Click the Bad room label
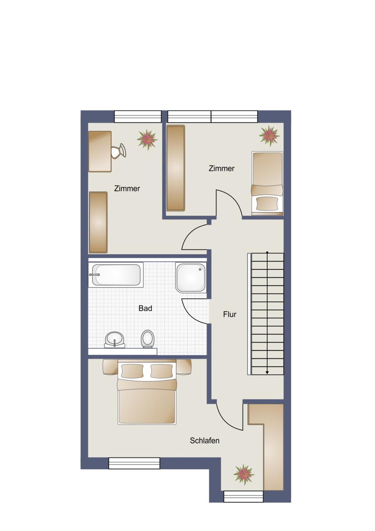click(x=145, y=309)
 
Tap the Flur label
click(x=230, y=314)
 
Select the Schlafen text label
click(x=204, y=441)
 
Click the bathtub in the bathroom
click(x=116, y=275)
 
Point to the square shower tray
click(x=190, y=277)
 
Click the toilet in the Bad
click(x=148, y=339)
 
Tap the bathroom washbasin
click(x=115, y=340)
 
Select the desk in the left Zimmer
click(x=100, y=151)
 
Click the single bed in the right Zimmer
click(x=267, y=183)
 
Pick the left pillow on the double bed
click(x=132, y=371)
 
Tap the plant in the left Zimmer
click(x=147, y=140)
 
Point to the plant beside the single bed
click(x=269, y=136)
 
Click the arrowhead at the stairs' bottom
click(x=267, y=373)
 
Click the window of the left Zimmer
click(x=138, y=117)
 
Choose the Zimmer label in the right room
click(x=222, y=168)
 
